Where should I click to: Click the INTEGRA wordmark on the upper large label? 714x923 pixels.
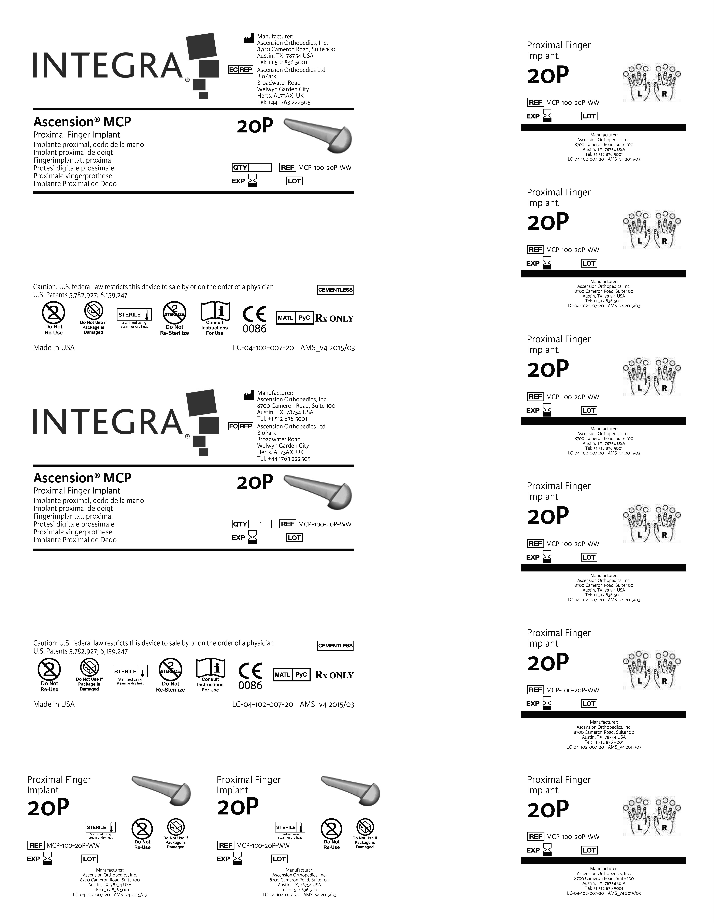108,66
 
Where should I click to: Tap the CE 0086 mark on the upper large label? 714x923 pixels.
255,320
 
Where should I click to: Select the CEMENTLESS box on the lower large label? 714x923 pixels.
335,645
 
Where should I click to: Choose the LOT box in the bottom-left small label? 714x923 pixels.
89,859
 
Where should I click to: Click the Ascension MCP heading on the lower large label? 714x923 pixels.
83,478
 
